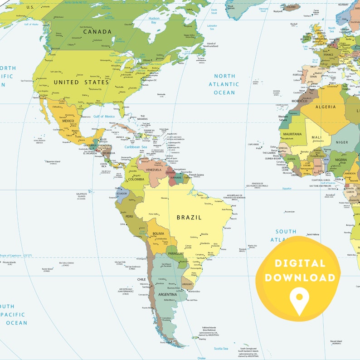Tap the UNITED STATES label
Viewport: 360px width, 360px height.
[x=82, y=83]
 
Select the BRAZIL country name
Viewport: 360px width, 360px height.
[x=189, y=217]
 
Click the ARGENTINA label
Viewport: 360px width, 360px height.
[x=167, y=295]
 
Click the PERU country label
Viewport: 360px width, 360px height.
[x=129, y=216]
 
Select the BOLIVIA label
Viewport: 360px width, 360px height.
[x=158, y=234]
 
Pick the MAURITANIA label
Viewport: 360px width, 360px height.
[x=292, y=134]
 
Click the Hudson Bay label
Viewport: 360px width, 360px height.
[x=154, y=20]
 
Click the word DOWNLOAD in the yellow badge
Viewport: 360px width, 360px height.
[x=300, y=277]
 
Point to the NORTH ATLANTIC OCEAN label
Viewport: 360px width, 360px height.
[x=224, y=84]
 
